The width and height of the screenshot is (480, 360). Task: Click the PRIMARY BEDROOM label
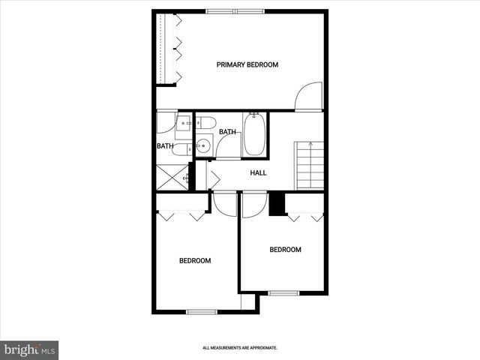click(x=247, y=64)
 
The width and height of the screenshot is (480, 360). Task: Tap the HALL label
click(x=258, y=173)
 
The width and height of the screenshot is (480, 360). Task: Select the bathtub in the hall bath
click(x=254, y=135)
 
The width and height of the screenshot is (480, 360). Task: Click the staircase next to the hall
click(x=310, y=166)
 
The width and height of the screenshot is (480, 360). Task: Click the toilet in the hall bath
click(x=206, y=123)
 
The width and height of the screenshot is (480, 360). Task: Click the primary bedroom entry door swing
click(x=307, y=97)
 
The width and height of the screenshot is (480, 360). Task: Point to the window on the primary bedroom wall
click(x=235, y=10)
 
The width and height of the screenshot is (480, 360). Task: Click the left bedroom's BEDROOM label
click(x=194, y=261)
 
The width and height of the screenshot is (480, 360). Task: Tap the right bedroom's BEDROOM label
click(x=285, y=250)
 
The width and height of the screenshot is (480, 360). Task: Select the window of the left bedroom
click(x=201, y=312)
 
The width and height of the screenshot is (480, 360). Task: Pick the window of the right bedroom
click(x=283, y=292)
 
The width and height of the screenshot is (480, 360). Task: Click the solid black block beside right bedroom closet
click(x=277, y=205)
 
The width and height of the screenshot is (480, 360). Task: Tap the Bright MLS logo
click(x=29, y=349)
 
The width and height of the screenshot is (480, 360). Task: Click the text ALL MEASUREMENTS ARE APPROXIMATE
click(x=240, y=348)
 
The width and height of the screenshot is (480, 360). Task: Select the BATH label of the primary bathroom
click(x=165, y=146)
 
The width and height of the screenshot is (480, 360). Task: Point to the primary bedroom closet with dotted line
click(x=166, y=49)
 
